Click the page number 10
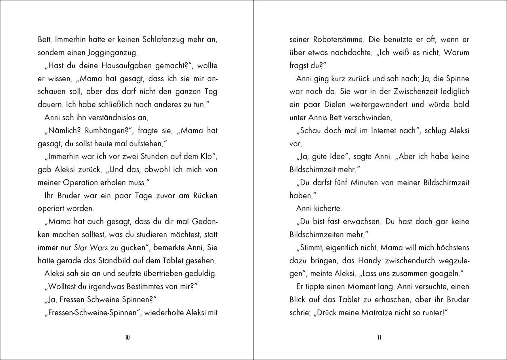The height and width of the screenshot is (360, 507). point(127,338)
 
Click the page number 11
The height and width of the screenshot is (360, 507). point(379,338)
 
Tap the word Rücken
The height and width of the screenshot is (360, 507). point(204,195)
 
